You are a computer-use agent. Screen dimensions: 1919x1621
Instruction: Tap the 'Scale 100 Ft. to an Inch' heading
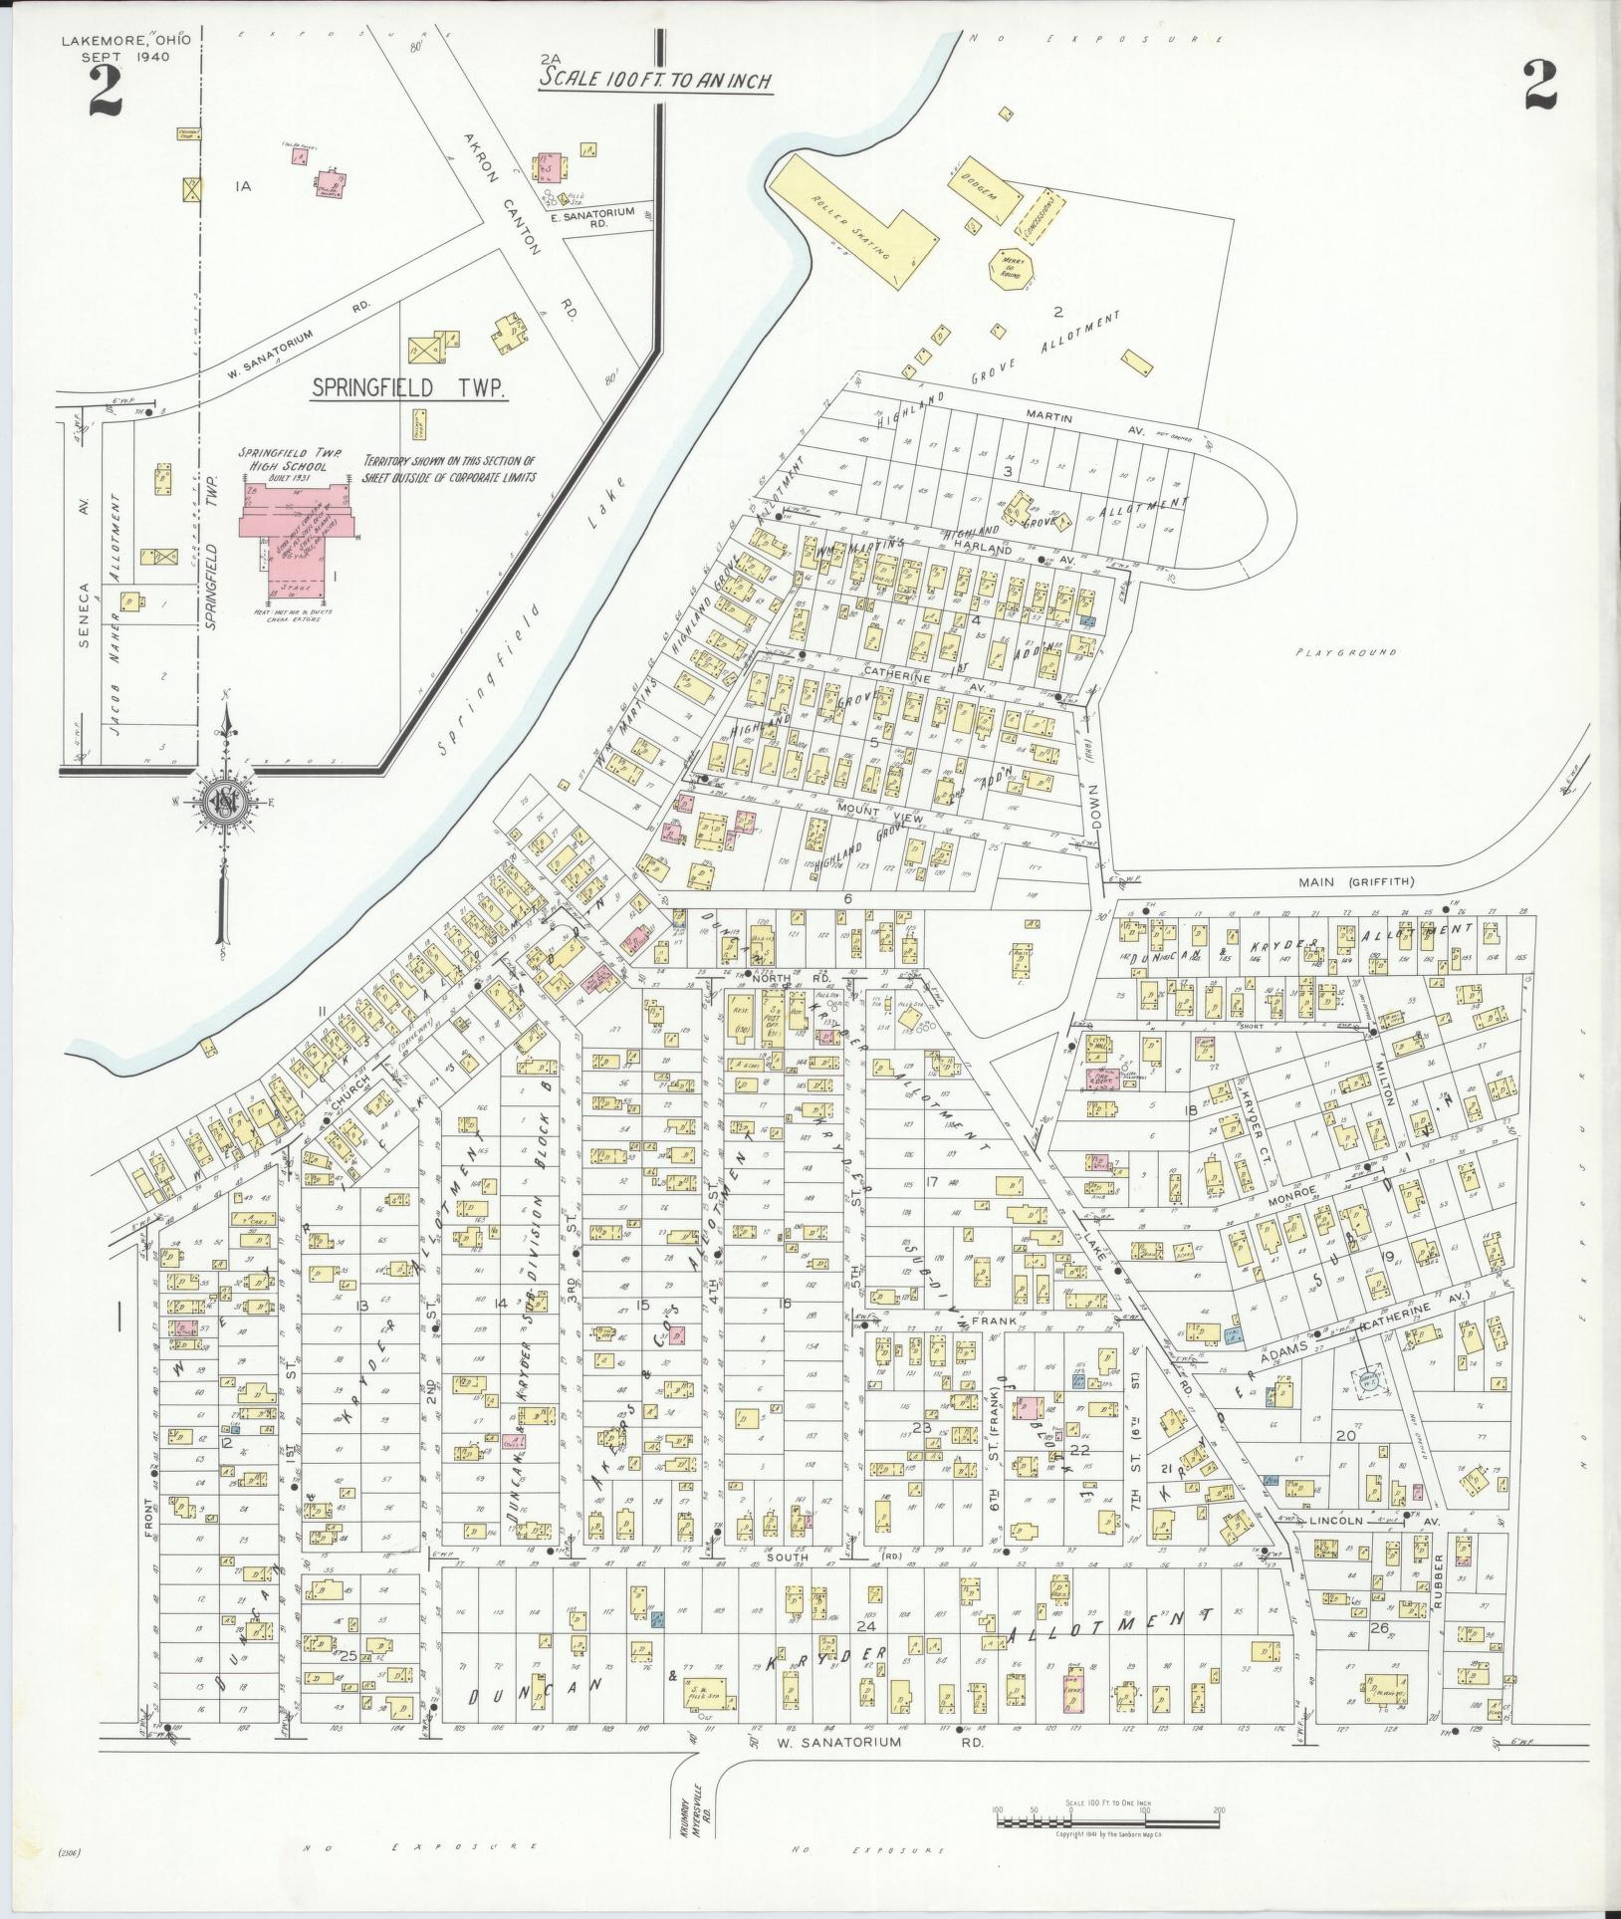[x=655, y=81]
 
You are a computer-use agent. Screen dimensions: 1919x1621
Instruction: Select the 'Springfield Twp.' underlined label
[x=408, y=388]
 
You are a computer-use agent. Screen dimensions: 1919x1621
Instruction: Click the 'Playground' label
[x=1346, y=653]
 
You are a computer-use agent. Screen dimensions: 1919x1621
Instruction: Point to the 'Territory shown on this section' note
[x=449, y=468]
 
